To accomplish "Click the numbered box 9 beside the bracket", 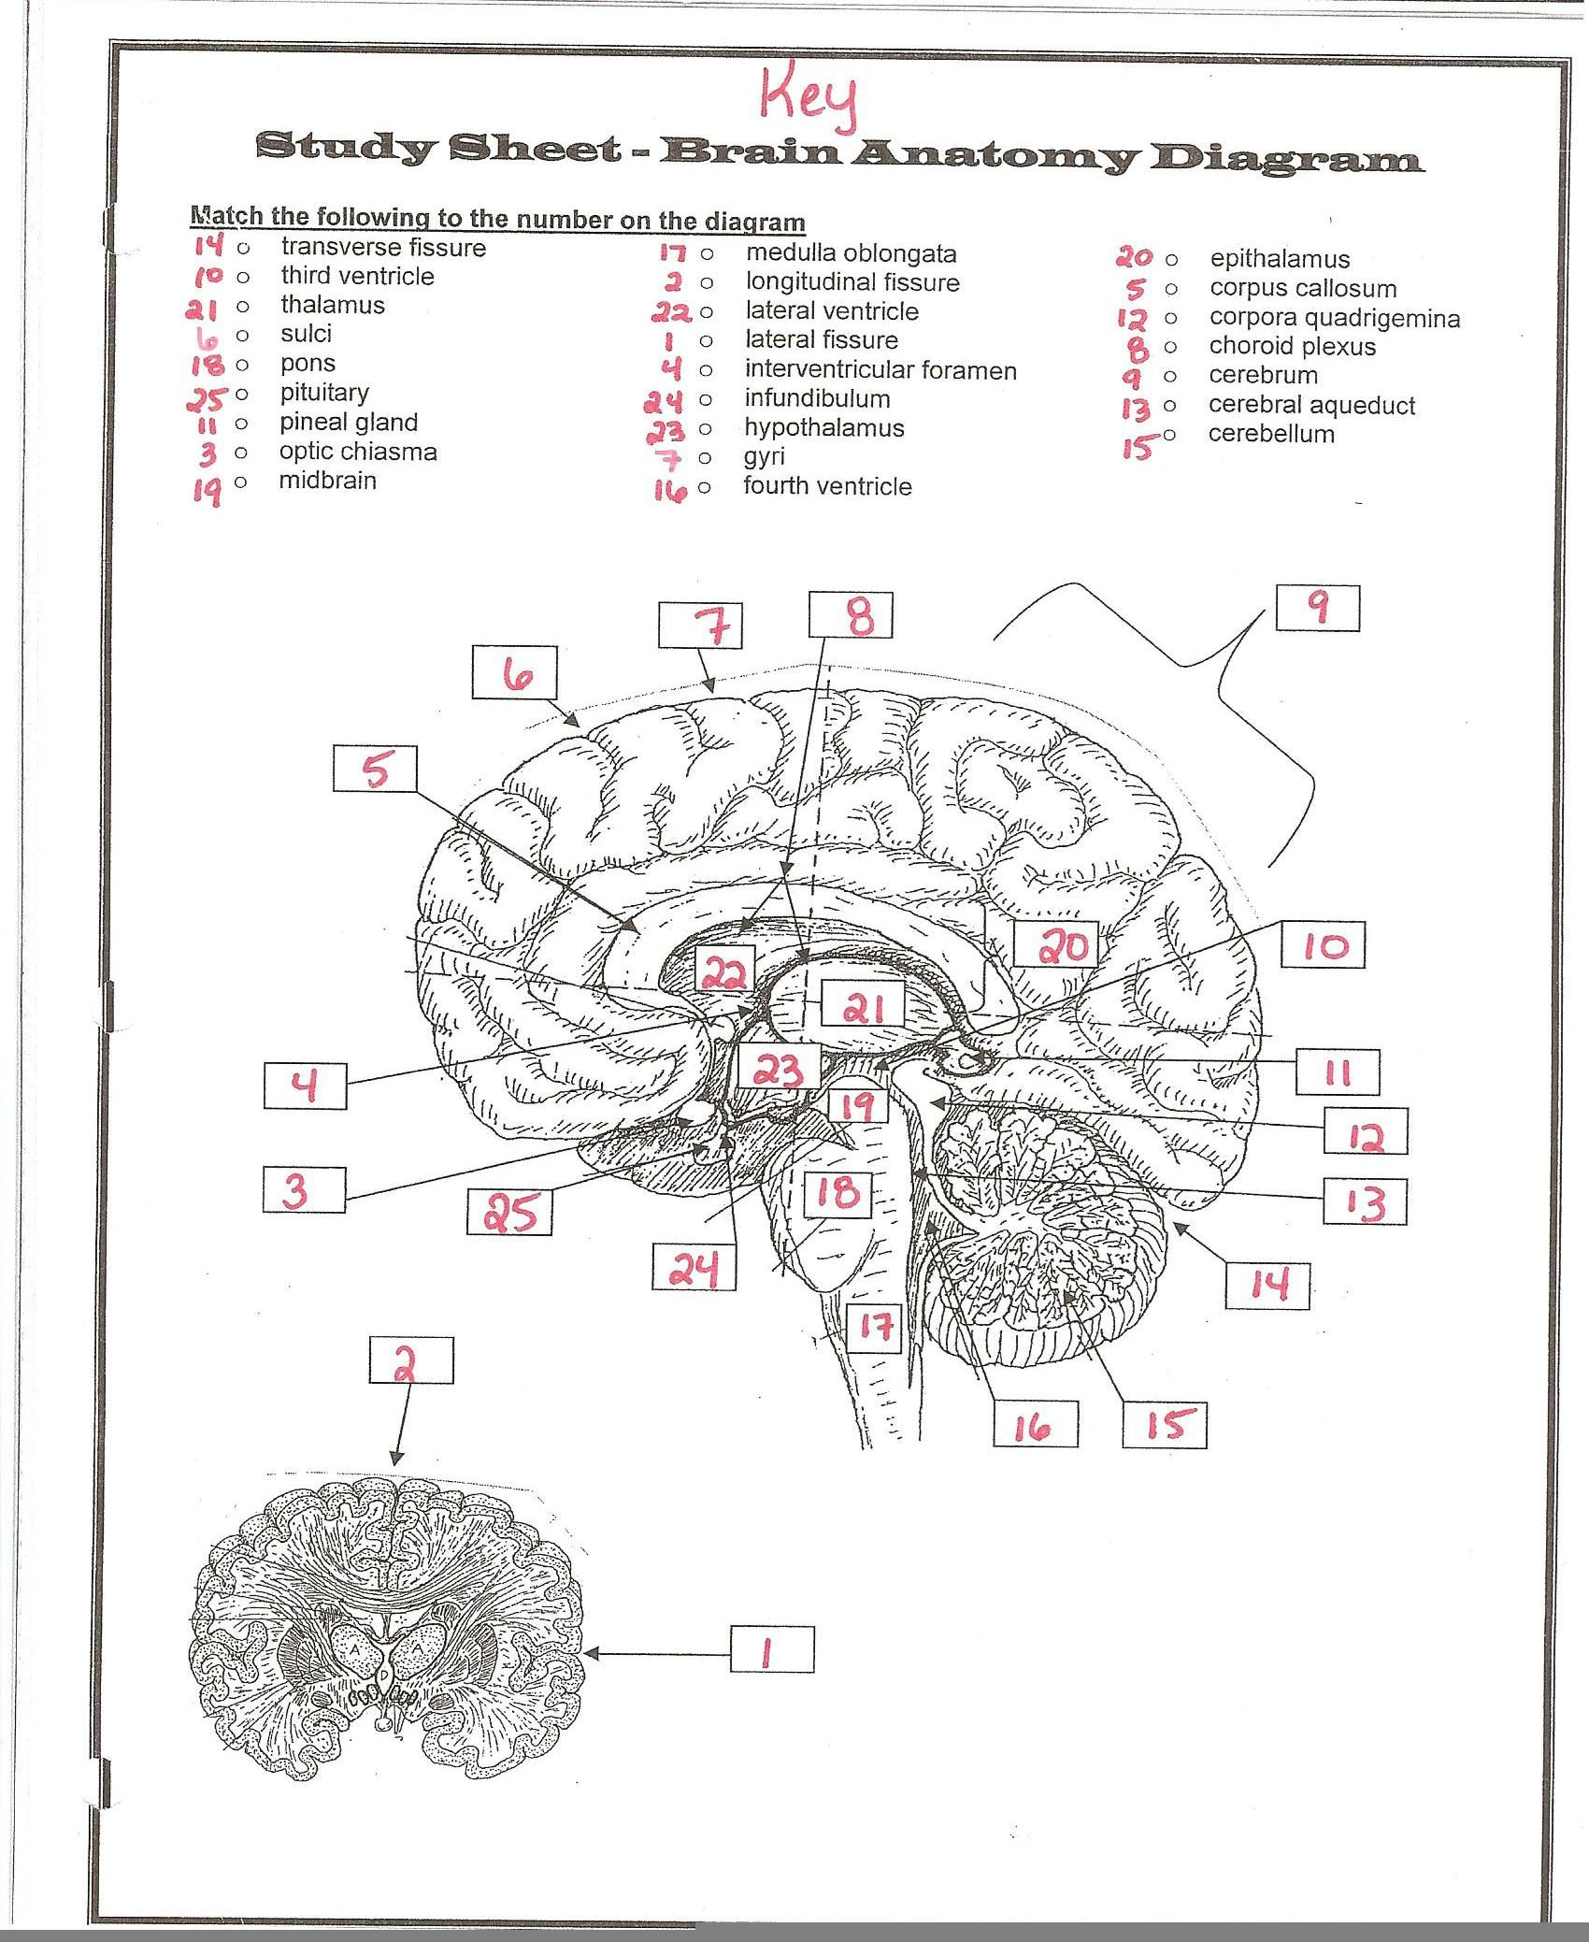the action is tap(1318, 609).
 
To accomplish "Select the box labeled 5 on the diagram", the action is tap(375, 770).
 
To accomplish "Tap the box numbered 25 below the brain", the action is tap(509, 1212).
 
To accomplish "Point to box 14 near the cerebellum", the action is tap(1268, 1286).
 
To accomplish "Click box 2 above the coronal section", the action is tap(411, 1359).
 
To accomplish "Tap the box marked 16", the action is tap(1036, 1425).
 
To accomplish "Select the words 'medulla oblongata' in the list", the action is tap(851, 253).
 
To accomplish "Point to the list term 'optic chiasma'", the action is tap(358, 452).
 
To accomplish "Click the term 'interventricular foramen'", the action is tap(880, 370).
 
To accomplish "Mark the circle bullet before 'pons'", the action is tap(242, 364).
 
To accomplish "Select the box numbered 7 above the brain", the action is tap(700, 626).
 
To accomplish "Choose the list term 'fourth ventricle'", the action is tap(827, 486).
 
